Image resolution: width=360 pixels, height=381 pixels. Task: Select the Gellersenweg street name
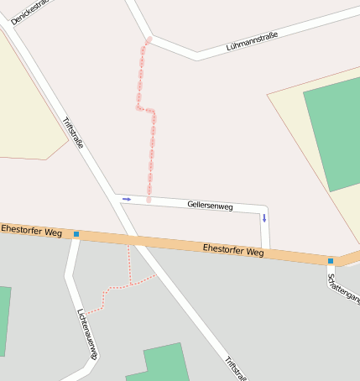(x=210, y=205)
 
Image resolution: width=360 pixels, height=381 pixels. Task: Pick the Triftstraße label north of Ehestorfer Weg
(x=73, y=133)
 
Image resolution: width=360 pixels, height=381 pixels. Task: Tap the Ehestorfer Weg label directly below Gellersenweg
(x=233, y=250)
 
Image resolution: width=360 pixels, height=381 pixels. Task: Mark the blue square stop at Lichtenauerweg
(x=76, y=234)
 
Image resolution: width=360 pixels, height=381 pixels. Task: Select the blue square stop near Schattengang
(x=331, y=261)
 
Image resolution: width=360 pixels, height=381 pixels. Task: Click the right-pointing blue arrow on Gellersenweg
(x=127, y=199)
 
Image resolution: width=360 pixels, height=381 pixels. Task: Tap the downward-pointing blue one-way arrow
(x=264, y=218)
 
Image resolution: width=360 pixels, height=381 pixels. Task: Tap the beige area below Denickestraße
(x=25, y=101)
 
